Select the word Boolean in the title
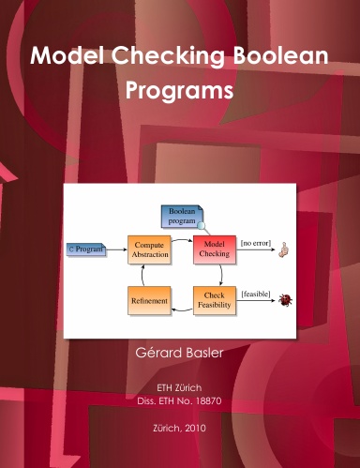point(283,56)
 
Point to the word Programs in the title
point(179,93)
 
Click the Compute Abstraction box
point(149,250)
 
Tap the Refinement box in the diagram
point(149,301)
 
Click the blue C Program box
point(85,250)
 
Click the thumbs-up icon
point(287,249)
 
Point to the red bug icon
point(286,301)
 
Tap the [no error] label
point(256,243)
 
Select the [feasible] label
point(256,294)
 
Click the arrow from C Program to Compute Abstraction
point(115,250)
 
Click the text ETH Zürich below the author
point(179,387)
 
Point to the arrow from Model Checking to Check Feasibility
point(218,275)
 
